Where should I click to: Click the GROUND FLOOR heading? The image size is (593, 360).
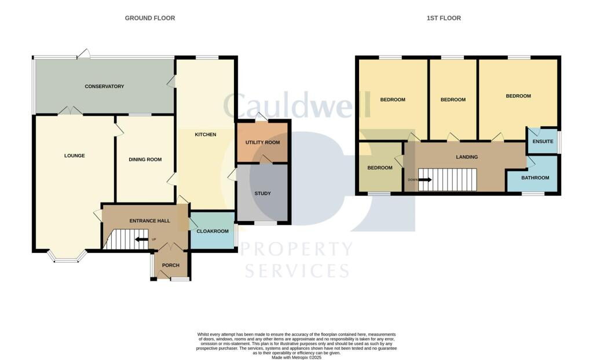click(150, 18)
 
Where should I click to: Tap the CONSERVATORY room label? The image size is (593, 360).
click(104, 86)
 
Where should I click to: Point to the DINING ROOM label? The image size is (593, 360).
click(145, 159)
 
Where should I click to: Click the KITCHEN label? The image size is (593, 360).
click(205, 135)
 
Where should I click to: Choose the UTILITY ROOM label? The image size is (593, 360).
click(262, 142)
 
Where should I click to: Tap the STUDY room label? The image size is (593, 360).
click(262, 193)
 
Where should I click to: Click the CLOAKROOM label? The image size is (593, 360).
click(213, 231)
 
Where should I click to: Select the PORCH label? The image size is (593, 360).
click(171, 265)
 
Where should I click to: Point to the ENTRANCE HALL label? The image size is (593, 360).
click(145, 221)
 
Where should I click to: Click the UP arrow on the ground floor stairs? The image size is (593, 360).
click(141, 239)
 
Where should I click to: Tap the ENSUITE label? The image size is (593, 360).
click(543, 141)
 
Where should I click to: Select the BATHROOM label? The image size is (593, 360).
click(535, 178)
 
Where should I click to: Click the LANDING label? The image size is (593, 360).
click(467, 157)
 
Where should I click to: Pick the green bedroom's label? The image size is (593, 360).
click(380, 168)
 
